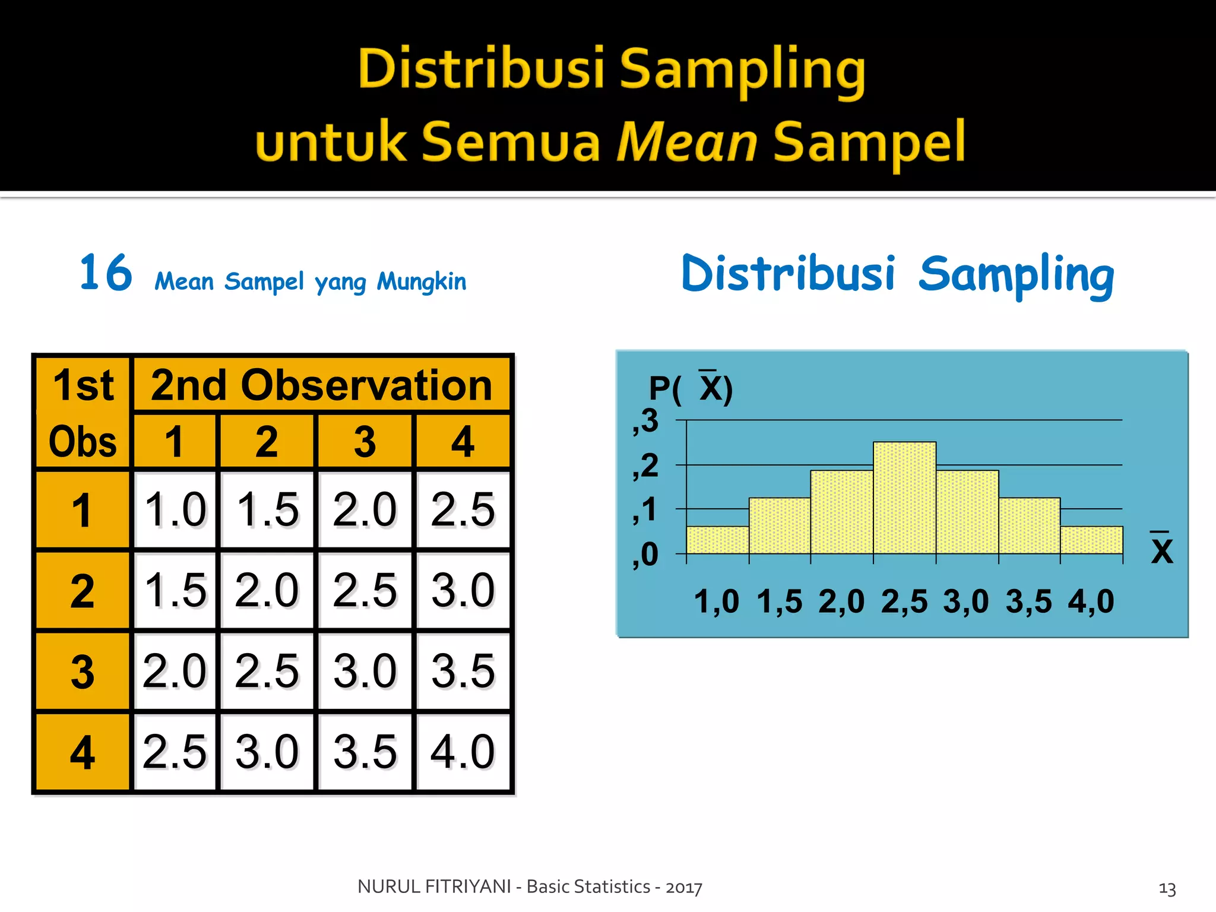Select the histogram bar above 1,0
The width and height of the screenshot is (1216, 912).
tap(717, 540)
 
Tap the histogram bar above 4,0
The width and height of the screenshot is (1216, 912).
tap(1091, 540)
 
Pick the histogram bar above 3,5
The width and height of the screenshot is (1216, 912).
tap(1029, 525)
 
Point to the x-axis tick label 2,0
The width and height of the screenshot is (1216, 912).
tap(841, 601)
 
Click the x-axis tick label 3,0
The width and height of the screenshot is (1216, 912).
tap(966, 601)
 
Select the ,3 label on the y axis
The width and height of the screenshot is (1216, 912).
tap(645, 421)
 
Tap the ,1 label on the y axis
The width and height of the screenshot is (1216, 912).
tap(645, 510)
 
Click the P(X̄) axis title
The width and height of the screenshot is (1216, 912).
tap(691, 389)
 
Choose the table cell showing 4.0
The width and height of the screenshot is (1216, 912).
tap(463, 752)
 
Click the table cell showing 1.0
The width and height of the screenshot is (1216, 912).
tap(175, 509)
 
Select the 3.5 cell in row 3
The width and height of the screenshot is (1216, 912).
tap(463, 671)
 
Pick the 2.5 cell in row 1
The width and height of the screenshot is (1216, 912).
tap(463, 509)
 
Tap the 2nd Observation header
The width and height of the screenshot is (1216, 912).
tap(321, 385)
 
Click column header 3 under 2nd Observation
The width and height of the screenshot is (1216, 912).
tap(365, 442)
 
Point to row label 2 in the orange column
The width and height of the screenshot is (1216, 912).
tap(83, 591)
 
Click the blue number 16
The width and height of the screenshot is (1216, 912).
tap(106, 273)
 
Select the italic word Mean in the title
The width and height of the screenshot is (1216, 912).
tap(686, 142)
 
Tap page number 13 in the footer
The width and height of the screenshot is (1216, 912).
tap(1167, 889)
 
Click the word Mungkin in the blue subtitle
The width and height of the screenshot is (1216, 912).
tap(422, 281)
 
